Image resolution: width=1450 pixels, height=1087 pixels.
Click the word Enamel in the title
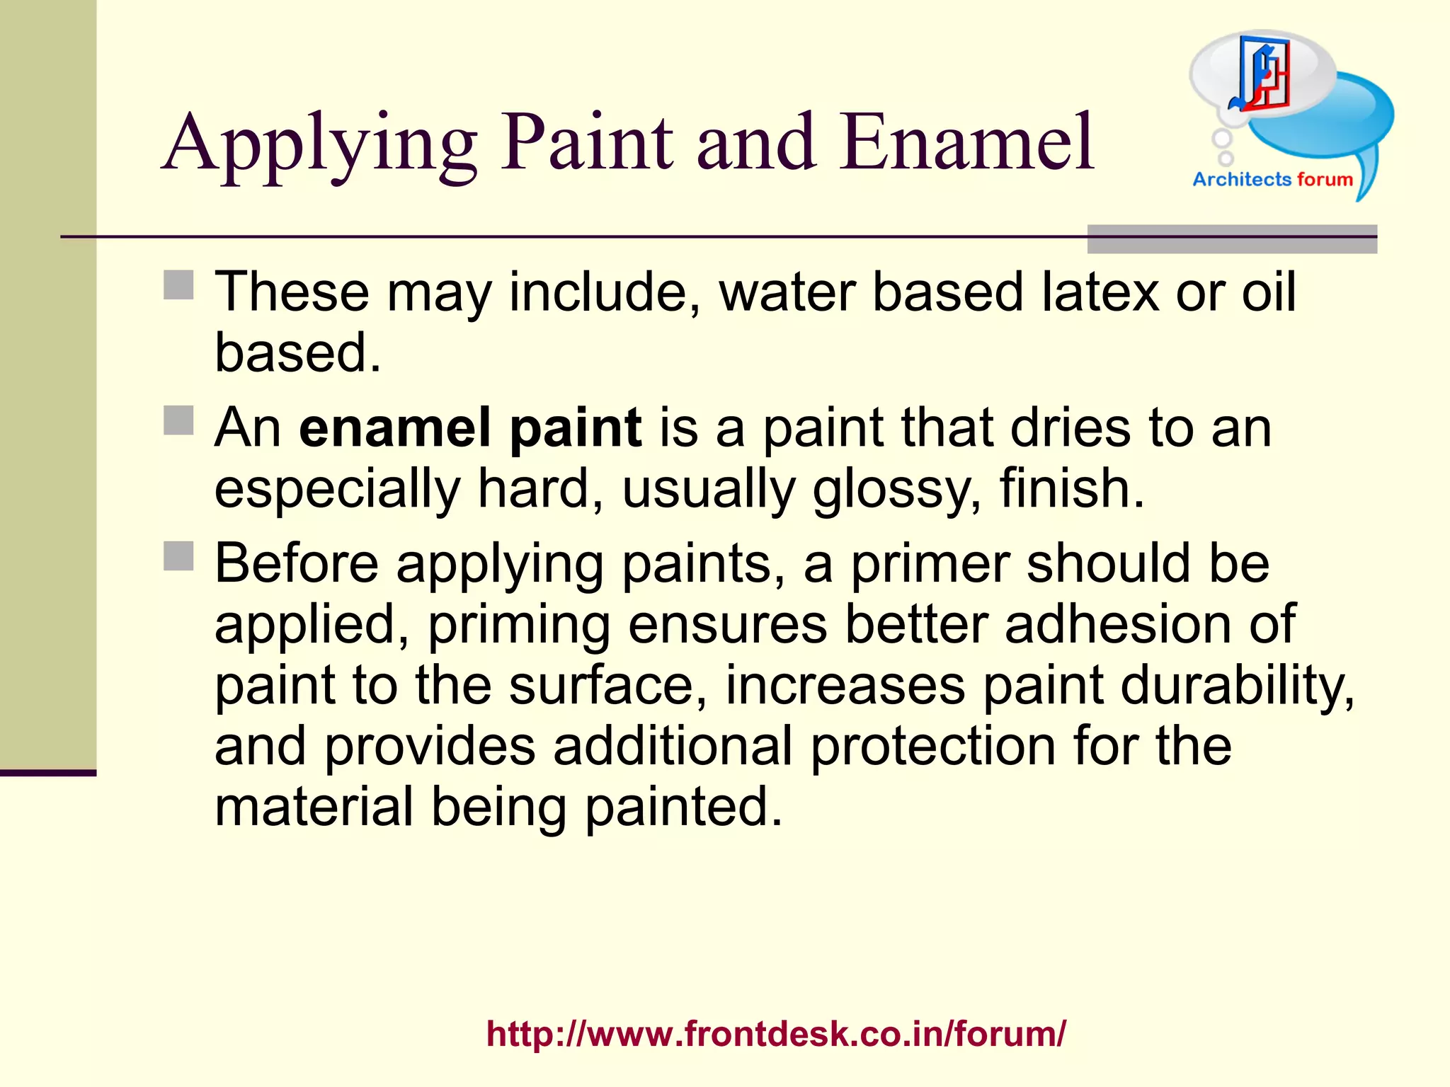[967, 143]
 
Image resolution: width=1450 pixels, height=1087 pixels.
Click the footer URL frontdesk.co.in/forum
[776, 1034]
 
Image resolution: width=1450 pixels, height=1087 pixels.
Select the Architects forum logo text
[1272, 180]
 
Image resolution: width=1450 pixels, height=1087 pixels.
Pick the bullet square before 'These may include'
[178, 285]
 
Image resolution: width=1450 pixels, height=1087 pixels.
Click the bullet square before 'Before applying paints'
[178, 556]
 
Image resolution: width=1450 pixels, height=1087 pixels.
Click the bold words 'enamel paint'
[470, 427]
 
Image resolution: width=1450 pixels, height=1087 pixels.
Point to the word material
[314, 807]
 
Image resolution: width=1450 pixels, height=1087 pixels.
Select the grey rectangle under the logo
[1231, 239]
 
